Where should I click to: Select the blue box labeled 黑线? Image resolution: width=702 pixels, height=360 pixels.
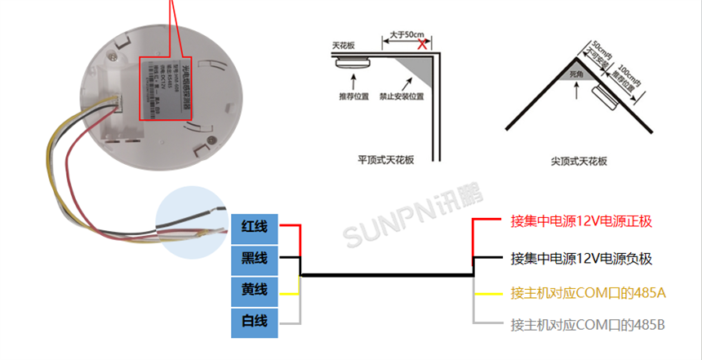[x=254, y=258]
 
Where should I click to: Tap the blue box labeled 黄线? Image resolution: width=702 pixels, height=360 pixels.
[x=254, y=290]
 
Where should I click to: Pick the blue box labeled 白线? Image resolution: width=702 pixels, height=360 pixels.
[x=254, y=322]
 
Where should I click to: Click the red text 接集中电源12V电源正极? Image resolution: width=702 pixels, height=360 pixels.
[x=581, y=221]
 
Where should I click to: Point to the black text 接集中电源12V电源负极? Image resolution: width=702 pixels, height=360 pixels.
[x=581, y=259]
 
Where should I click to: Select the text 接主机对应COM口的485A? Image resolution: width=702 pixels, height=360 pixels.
[x=588, y=292]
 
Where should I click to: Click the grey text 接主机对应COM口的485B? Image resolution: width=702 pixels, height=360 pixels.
[x=588, y=325]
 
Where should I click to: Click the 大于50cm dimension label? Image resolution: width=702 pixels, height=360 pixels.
[x=406, y=34]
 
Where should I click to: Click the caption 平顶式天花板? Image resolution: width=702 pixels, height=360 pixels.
[x=386, y=161]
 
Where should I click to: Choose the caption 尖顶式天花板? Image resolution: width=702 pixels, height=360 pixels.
[x=579, y=162]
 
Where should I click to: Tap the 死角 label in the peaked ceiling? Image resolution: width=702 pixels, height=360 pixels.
[x=577, y=73]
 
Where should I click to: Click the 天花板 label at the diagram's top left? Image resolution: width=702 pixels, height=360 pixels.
[x=344, y=46]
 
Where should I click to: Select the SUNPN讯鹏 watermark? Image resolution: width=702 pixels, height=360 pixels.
[x=412, y=217]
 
